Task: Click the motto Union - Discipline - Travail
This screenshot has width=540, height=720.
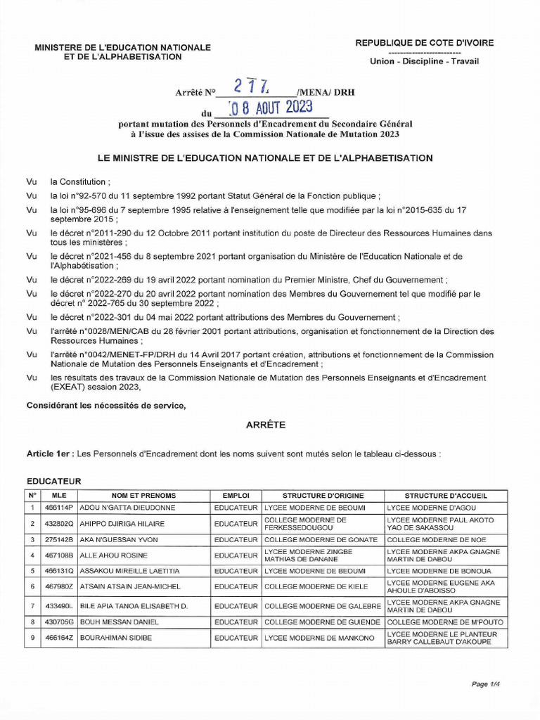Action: (x=424, y=61)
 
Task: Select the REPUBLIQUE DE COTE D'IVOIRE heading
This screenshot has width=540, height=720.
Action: (x=424, y=43)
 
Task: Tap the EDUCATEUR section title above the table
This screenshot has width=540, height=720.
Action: (x=53, y=481)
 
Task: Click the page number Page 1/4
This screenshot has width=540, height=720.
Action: (x=484, y=683)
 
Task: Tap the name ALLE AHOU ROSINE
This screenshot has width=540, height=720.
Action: (x=108, y=555)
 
